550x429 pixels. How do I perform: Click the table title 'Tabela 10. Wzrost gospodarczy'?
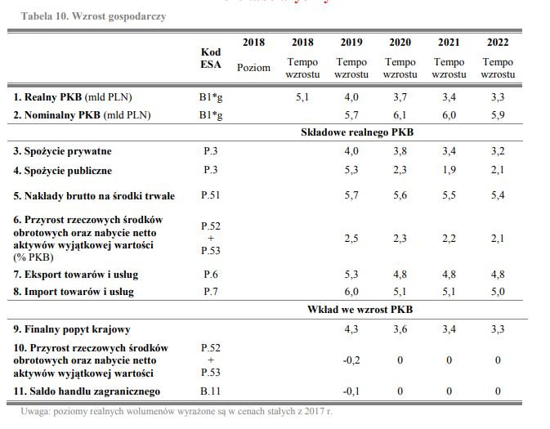click(93, 16)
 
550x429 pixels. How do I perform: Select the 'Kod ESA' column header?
click(211, 58)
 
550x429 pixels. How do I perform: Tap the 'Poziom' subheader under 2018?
click(253, 67)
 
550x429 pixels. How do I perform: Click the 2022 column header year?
click(498, 42)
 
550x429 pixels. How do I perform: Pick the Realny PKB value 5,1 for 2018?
click(302, 96)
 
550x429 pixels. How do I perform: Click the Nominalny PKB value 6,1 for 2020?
click(400, 115)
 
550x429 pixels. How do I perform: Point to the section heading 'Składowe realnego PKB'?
click(357, 132)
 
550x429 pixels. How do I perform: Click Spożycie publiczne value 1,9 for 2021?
click(449, 170)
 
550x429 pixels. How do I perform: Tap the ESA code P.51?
click(211, 195)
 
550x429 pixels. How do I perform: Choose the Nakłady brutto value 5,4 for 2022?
click(498, 195)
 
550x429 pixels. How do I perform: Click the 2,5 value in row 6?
click(351, 239)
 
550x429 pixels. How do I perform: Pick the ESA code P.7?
click(211, 292)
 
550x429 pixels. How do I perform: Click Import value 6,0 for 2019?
click(351, 292)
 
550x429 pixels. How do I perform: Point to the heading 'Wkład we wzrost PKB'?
click(360, 310)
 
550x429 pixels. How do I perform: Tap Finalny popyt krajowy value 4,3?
click(351, 329)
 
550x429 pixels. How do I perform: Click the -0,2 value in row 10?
click(351, 360)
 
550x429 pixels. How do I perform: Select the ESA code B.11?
click(211, 391)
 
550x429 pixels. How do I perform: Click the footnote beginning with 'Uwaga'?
click(177, 411)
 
